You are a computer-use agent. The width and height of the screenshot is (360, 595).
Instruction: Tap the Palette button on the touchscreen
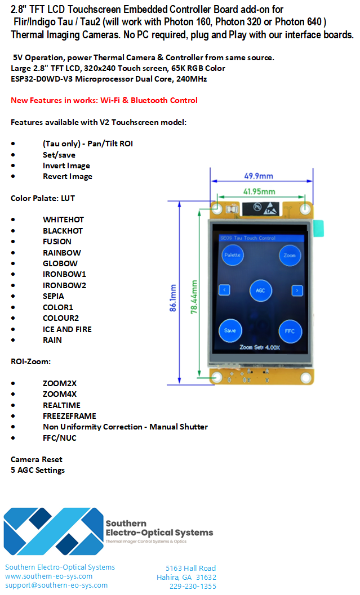pyautogui.click(x=232, y=255)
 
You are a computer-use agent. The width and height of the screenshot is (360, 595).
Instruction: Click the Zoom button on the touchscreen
pyautogui.click(x=290, y=255)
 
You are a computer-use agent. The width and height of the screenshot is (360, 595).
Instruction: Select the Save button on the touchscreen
pyautogui.click(x=230, y=330)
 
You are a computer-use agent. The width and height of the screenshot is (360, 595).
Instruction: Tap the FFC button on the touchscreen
pyautogui.click(x=290, y=331)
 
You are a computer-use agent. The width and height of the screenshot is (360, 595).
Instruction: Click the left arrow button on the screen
pyautogui.click(x=224, y=290)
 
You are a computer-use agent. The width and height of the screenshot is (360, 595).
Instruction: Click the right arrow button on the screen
pyautogui.click(x=297, y=290)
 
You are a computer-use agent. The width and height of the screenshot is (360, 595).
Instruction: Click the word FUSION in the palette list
pyautogui.click(x=57, y=241)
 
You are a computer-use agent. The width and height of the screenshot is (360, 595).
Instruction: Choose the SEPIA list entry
pyautogui.click(x=54, y=296)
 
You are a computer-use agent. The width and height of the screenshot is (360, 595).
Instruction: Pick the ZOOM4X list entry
pyautogui.click(x=60, y=394)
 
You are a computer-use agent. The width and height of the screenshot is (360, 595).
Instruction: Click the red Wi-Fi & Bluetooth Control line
pyautogui.click(x=104, y=100)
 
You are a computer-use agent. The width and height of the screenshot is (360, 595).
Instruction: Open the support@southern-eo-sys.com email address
pyautogui.click(x=56, y=585)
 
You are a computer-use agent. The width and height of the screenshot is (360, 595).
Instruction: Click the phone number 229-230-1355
pyautogui.click(x=193, y=586)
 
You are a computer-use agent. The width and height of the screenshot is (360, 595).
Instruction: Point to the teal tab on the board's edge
pyautogui.click(x=318, y=227)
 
